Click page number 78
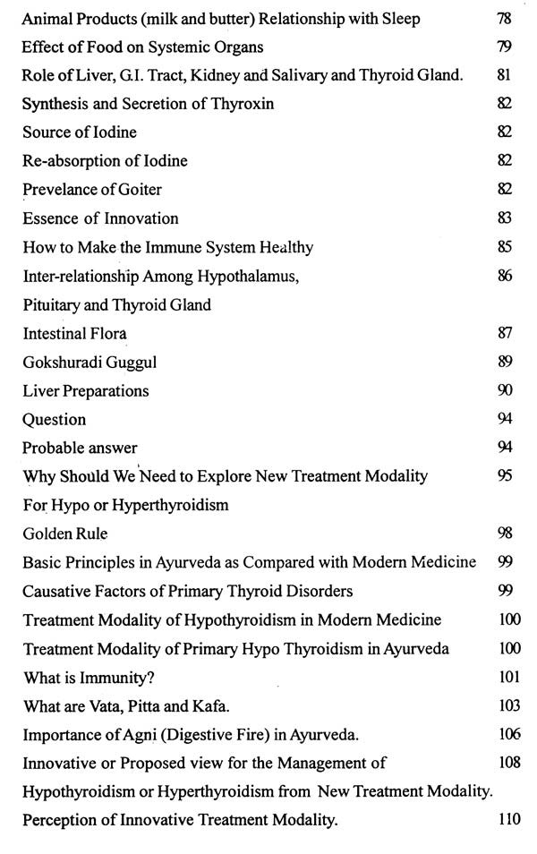[504, 18]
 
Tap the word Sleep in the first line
[399, 18]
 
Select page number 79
[504, 47]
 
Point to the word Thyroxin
[243, 104]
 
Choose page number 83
[504, 218]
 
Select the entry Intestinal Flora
[74, 333]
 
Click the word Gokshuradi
[63, 362]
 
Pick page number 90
[504, 390]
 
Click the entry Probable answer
[80, 448]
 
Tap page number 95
[504, 476]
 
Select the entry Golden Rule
[64, 534]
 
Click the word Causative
[56, 591]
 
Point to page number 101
[507, 677]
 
